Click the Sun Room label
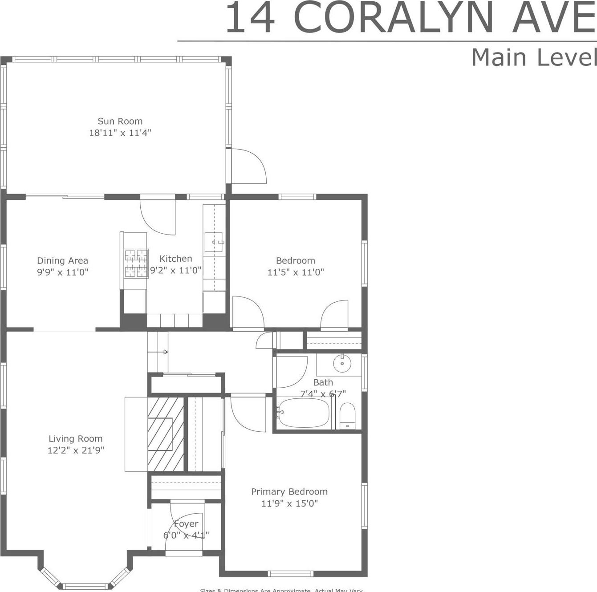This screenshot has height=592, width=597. [120, 121]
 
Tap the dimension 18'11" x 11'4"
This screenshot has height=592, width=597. [120, 133]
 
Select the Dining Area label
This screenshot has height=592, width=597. [62, 261]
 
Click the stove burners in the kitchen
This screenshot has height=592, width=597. [136, 263]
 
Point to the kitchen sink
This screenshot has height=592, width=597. [214, 242]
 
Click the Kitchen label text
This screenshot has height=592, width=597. [176, 259]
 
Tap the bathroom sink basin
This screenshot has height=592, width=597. [342, 363]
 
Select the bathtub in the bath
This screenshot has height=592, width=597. [304, 413]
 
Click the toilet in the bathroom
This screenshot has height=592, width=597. [347, 415]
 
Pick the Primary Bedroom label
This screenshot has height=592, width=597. [289, 492]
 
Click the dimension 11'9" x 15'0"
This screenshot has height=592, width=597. [289, 503]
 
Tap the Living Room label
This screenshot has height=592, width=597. [76, 439]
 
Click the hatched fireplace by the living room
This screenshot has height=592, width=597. [166, 434]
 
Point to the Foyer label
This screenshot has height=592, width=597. [186, 524]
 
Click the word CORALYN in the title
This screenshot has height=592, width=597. [394, 19]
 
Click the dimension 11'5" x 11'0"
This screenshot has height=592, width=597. [296, 272]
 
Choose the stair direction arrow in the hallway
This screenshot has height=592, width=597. [165, 352]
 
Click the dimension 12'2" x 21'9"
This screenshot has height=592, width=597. [76, 450]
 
